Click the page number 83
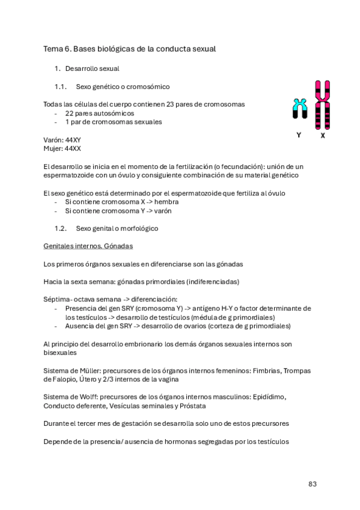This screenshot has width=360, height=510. pos(312,484)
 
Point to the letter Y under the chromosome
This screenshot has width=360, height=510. pos(299,135)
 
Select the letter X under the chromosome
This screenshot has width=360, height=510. pos(323,135)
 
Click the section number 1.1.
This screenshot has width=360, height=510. pos(59,87)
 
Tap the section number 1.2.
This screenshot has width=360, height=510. pos(59,229)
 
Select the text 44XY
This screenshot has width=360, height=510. pos(73,140)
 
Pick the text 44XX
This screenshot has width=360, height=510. pos(73,148)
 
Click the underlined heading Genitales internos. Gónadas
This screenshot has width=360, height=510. pos(88,247)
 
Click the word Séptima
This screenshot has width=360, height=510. pos(58,300)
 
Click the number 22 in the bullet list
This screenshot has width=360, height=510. pos(70,113)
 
